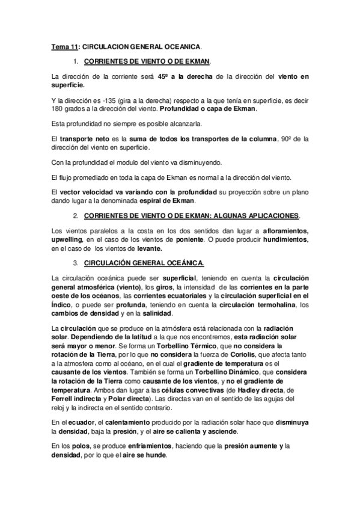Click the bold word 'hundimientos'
[281, 240]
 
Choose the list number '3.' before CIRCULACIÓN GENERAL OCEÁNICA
[76, 263]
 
